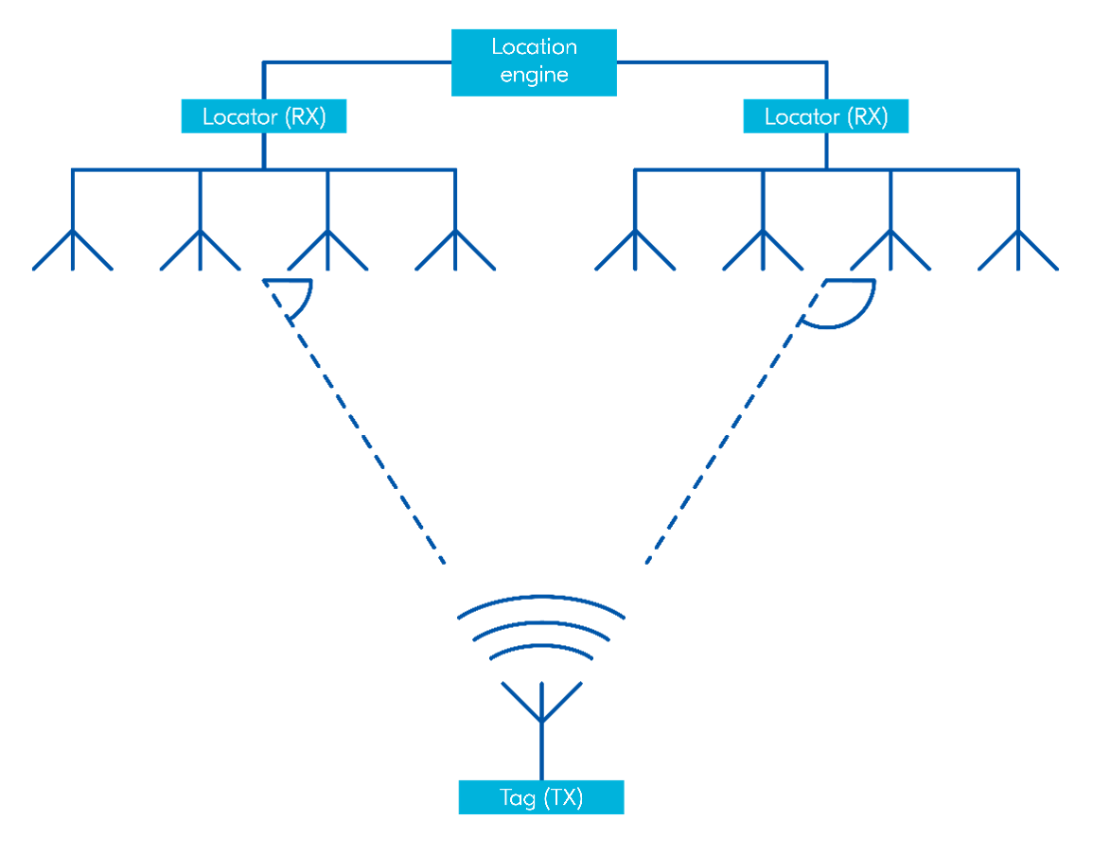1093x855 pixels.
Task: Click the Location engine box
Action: pos(534,61)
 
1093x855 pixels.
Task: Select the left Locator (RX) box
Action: pos(264,116)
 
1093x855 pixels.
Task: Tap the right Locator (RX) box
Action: pos(825,116)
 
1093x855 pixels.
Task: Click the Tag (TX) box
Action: pos(541,797)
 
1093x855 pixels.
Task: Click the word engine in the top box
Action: pos(534,76)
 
